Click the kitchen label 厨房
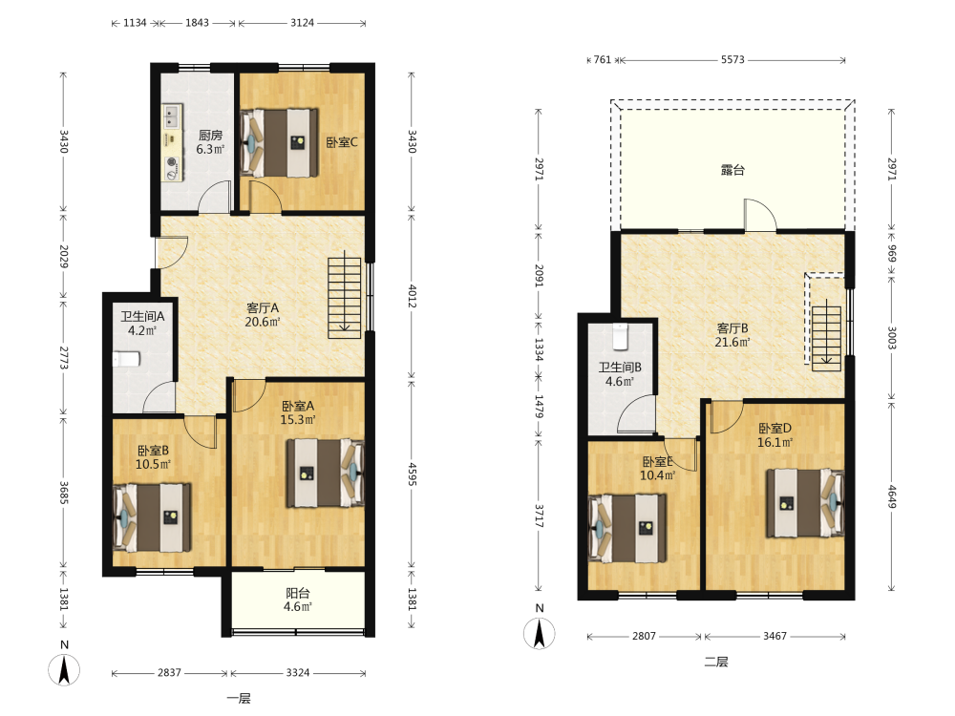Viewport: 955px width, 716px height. [x=210, y=135]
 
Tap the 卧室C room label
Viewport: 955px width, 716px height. [x=342, y=142]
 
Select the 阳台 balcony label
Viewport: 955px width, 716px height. [x=298, y=593]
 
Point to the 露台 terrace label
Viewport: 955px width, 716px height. [x=732, y=170]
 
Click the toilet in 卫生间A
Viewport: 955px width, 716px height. [x=127, y=359]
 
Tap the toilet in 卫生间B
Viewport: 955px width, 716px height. [x=620, y=337]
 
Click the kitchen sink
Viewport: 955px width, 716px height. [x=171, y=116]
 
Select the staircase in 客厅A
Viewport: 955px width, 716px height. [x=345, y=298]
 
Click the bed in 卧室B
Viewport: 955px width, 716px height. [x=152, y=517]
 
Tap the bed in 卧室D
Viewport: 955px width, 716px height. [x=805, y=503]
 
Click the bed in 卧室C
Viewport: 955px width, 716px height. [x=280, y=143]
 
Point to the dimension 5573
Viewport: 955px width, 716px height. [x=732, y=59]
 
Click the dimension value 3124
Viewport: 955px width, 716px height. [x=302, y=23]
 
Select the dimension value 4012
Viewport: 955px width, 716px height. [x=413, y=296]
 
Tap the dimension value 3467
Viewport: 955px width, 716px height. [x=775, y=636]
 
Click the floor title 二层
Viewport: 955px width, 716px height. [x=716, y=662]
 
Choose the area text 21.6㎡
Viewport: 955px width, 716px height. [x=732, y=342]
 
